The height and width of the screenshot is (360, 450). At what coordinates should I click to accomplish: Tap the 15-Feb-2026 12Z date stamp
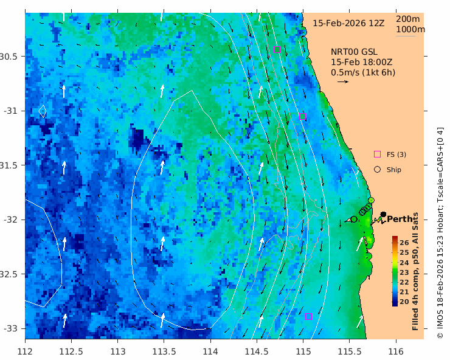[348, 23]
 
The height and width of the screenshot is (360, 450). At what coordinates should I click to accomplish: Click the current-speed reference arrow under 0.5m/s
[342, 81]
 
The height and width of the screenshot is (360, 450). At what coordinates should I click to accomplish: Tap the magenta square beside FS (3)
[377, 154]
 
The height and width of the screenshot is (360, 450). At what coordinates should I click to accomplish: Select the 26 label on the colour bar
[404, 243]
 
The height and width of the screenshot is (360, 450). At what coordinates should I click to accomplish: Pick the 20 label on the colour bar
[404, 302]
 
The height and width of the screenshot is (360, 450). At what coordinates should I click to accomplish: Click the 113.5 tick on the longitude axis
[164, 351]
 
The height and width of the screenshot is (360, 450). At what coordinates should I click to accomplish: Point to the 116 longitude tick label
[396, 351]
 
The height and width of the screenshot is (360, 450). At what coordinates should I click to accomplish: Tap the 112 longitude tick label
[25, 351]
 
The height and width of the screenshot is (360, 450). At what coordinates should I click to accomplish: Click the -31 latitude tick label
[10, 111]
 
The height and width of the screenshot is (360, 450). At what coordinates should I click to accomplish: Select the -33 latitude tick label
[10, 328]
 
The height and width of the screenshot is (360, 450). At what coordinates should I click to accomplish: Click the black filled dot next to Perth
[383, 214]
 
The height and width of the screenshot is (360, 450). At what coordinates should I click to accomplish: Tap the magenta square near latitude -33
[308, 316]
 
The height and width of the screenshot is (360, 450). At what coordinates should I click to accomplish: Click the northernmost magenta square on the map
[277, 49]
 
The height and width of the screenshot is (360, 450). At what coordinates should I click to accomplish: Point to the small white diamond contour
[43, 111]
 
